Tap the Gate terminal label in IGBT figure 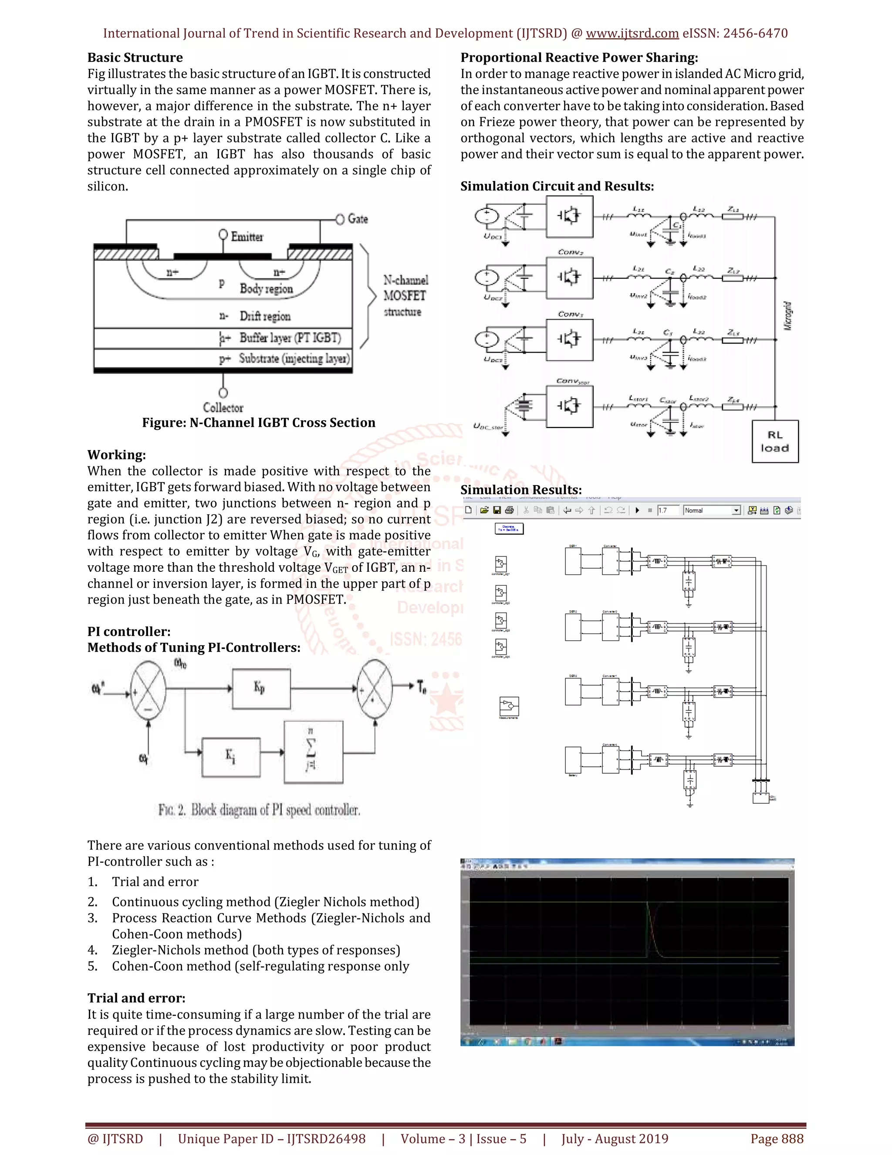click(x=357, y=219)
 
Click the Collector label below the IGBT click(x=223, y=408)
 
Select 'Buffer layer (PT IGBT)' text click(x=290, y=337)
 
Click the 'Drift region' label click(x=265, y=316)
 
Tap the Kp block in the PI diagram click(x=261, y=689)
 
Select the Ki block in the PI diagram click(x=231, y=757)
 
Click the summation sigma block click(x=313, y=751)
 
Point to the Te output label click(x=421, y=687)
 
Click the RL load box click(x=775, y=442)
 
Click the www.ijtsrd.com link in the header click(x=632, y=33)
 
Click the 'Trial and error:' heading click(x=136, y=998)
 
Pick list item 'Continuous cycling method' click(x=265, y=902)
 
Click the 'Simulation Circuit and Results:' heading click(x=557, y=186)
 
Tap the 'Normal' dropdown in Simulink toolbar click(x=712, y=510)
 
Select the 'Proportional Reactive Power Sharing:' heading click(x=579, y=58)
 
